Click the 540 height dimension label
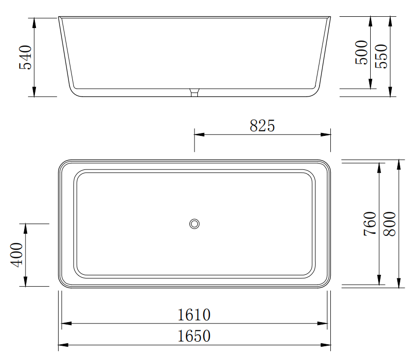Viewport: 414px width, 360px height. click(x=25, y=57)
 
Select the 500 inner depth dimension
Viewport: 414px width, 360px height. click(x=361, y=52)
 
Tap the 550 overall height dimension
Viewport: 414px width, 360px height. click(x=381, y=56)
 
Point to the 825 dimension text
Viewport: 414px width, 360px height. click(x=262, y=126)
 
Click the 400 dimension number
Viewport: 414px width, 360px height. click(x=16, y=255)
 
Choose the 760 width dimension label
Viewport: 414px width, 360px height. click(x=370, y=224)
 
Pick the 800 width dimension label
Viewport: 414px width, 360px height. click(x=390, y=224)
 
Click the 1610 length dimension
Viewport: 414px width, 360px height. click(x=194, y=315)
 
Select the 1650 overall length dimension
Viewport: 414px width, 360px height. click(x=194, y=336)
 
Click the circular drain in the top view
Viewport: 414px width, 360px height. click(x=194, y=224)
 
